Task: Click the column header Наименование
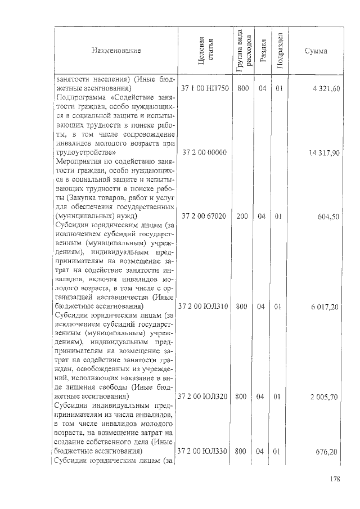(116, 51)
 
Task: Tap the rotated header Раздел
(262, 51)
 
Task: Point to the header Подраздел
(278, 51)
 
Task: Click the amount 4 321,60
(324, 88)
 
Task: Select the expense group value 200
(242, 216)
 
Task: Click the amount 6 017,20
(324, 307)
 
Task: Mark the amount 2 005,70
(324, 397)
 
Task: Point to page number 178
(335, 480)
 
